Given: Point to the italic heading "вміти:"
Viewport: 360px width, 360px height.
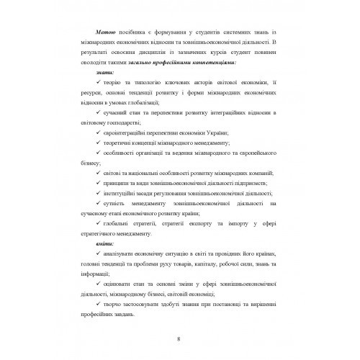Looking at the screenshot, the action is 95,246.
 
